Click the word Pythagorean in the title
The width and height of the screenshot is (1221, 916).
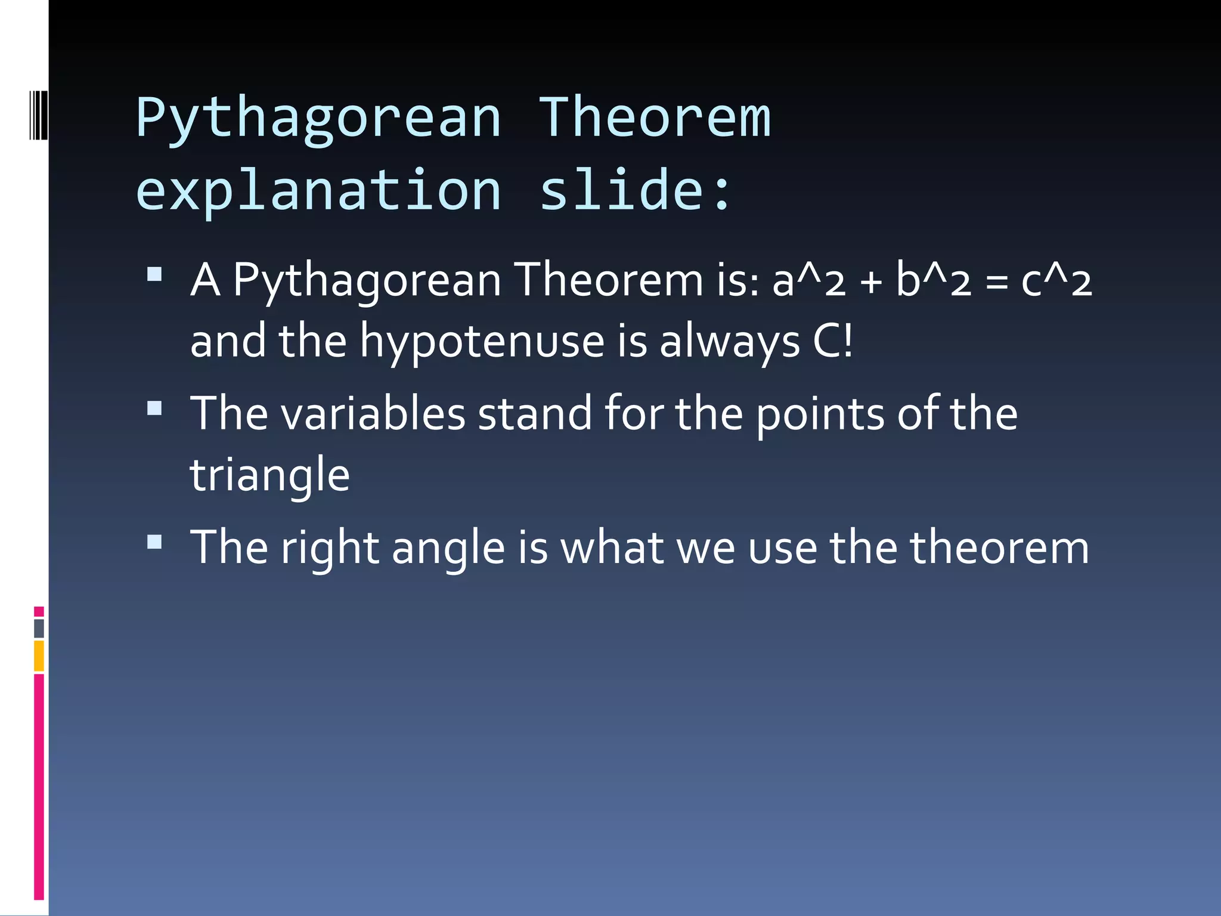coord(318,119)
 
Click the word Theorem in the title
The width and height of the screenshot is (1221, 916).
coord(655,119)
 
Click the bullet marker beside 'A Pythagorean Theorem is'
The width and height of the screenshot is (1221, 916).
coord(154,274)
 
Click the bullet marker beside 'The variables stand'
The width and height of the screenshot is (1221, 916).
coord(154,409)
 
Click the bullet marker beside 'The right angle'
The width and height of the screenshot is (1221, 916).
coord(154,541)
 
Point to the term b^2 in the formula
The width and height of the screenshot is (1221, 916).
coord(934,280)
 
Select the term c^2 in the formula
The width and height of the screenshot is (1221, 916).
coord(1056,280)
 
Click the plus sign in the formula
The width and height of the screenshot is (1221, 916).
coord(871,282)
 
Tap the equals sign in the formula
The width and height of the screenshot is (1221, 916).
coord(996,282)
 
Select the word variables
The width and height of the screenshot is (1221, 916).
coord(373,414)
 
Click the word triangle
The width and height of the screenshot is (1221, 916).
coord(269,476)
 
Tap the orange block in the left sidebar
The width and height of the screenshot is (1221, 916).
coord(39,656)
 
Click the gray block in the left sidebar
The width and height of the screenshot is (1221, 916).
coord(39,629)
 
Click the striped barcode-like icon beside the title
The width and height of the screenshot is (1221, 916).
coord(38,114)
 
